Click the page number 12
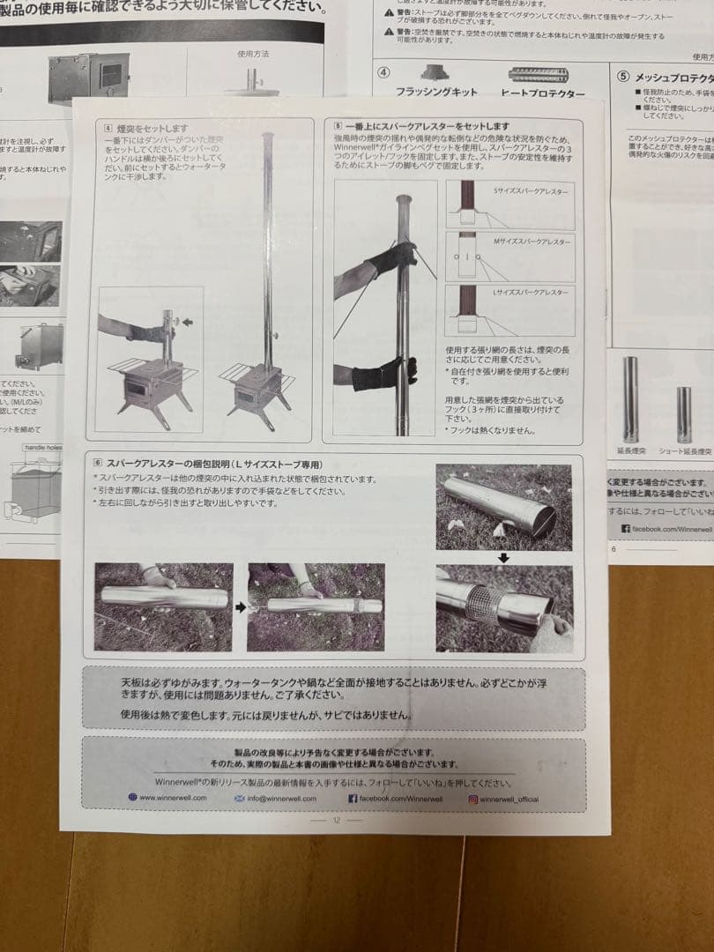[x=336, y=820]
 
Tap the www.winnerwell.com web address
[x=173, y=798]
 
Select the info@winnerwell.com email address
[x=282, y=799]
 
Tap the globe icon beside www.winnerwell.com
[x=133, y=798]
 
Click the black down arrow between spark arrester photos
[x=503, y=557]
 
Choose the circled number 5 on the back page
[x=623, y=76]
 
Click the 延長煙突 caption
[x=632, y=451]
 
